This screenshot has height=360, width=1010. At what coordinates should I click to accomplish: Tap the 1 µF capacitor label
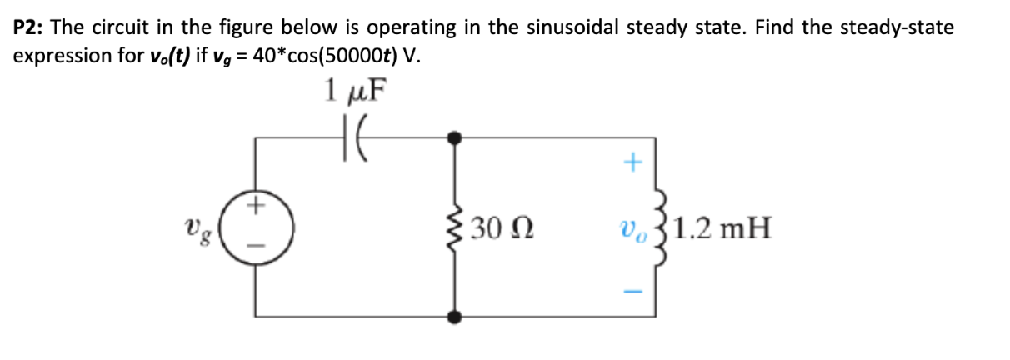[357, 90]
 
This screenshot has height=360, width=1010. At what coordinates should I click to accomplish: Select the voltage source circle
[256, 226]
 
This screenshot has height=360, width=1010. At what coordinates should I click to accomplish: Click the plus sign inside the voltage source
[257, 202]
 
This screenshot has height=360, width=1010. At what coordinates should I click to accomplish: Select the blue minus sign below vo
[633, 291]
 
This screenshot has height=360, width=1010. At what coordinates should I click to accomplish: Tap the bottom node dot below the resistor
[455, 316]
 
